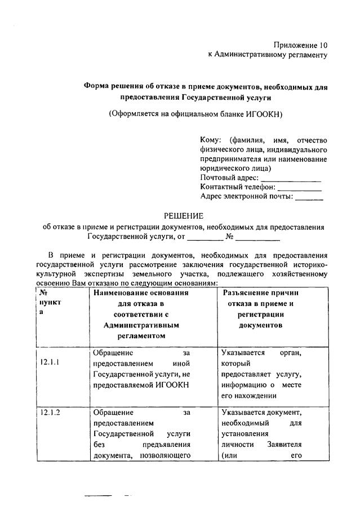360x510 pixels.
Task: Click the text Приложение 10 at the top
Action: (300, 45)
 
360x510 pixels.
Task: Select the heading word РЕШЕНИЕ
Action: (184, 216)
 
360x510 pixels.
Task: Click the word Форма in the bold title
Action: (97, 87)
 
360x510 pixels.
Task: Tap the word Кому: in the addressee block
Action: (211, 140)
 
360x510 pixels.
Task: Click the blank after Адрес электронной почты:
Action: (309, 197)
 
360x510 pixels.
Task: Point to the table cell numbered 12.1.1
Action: (51, 362)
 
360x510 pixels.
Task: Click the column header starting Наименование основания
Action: (141, 293)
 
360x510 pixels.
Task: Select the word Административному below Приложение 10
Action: (251, 55)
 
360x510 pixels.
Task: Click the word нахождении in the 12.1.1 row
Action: (245, 395)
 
